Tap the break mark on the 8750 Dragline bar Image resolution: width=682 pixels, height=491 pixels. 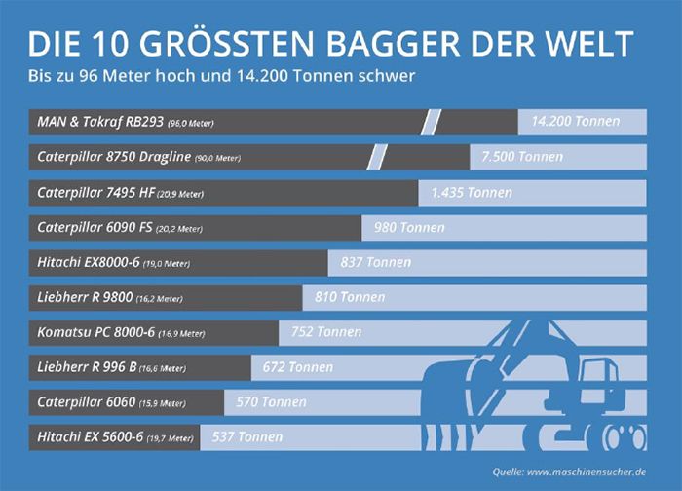click(x=378, y=157)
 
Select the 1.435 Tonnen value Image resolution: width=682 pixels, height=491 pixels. click(x=472, y=192)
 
